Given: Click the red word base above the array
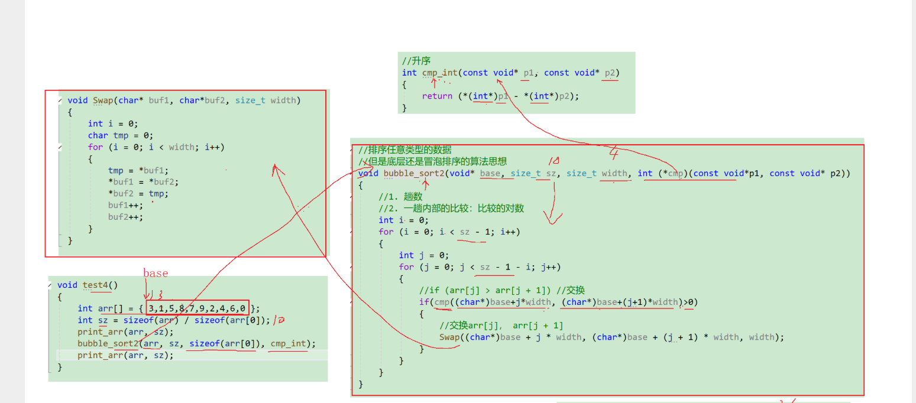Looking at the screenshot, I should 156,274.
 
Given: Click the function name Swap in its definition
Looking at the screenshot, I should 103,100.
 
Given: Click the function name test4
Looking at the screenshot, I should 96,285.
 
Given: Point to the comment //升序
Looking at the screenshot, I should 416,61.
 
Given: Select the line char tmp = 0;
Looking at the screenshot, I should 121,135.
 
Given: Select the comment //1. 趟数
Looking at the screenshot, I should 400,197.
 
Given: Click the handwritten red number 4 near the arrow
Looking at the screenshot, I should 614,154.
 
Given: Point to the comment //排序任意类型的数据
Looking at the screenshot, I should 405,150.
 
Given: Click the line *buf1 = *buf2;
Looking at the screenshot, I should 143,182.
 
